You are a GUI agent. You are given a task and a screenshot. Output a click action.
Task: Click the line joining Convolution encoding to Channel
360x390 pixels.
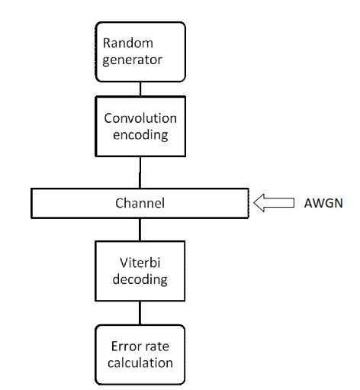pos(139,173)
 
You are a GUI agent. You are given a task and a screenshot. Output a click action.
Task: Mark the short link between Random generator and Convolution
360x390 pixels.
pos(139,89)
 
